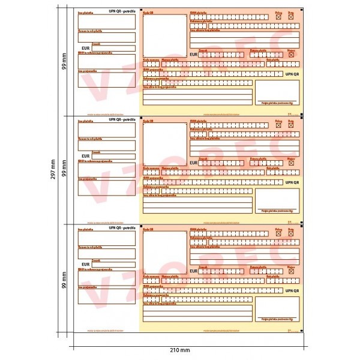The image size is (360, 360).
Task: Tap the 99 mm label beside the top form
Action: [x=64, y=61]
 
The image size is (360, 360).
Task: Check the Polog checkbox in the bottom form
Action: [x=278, y=235]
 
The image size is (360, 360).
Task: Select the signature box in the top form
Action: [x=277, y=91]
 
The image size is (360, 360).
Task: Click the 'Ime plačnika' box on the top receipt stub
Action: [x=107, y=20]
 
